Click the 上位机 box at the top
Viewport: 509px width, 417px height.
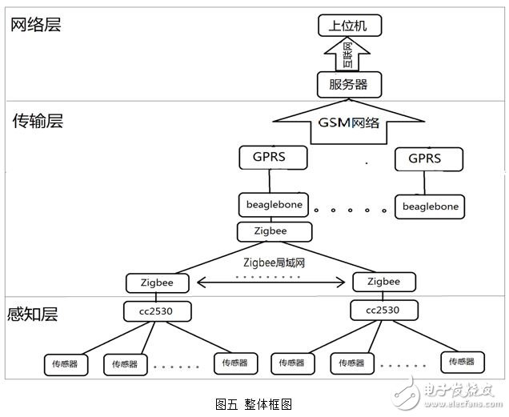(x=350, y=26)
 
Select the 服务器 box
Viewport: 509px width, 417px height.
(x=349, y=84)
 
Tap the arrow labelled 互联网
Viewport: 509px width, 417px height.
(x=347, y=54)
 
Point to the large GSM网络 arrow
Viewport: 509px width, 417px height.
(x=349, y=122)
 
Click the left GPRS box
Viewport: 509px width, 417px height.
(x=273, y=158)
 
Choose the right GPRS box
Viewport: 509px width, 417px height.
(x=428, y=159)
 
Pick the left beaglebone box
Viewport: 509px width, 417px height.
(x=274, y=205)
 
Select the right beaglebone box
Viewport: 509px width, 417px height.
(x=430, y=206)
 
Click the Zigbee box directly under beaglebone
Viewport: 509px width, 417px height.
(x=275, y=231)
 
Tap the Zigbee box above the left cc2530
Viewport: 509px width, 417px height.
(x=158, y=283)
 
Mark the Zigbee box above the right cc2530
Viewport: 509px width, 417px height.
(x=384, y=282)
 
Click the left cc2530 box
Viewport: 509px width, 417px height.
(x=157, y=311)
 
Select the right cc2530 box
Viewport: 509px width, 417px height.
(x=384, y=310)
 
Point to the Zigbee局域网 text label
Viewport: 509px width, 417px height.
(x=274, y=263)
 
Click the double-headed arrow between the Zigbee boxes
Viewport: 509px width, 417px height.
(x=271, y=283)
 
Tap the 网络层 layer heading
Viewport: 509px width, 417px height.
(x=36, y=25)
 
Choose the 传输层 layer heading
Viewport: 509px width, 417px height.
(x=38, y=121)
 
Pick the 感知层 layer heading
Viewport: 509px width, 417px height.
(x=33, y=314)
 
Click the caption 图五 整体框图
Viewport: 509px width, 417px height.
(x=254, y=404)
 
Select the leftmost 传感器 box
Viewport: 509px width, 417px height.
(x=66, y=365)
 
